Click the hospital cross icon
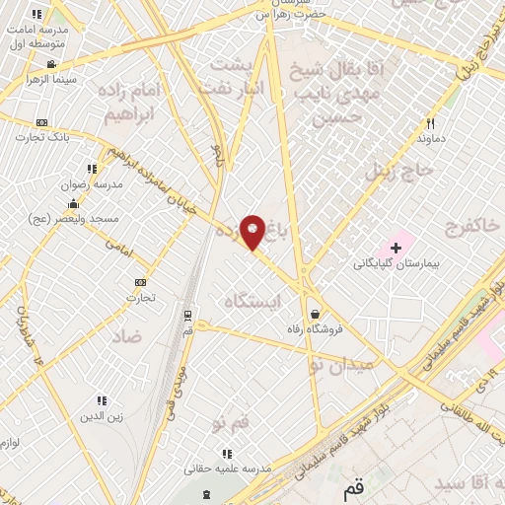point(396,246)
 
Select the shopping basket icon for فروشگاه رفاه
point(315,313)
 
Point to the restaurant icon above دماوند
point(431,124)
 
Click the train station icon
point(186,315)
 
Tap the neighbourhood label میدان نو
point(342,365)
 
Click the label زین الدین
point(102,416)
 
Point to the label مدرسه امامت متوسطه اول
point(36,37)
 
